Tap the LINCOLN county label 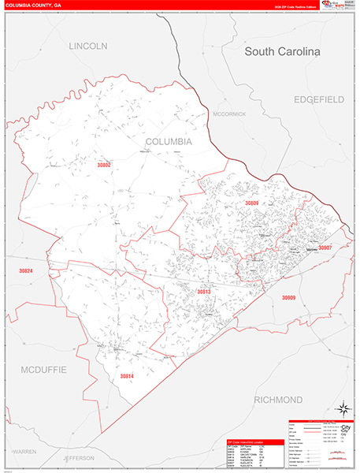tap(87, 47)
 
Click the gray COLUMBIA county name tap(169, 141)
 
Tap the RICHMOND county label tap(278, 400)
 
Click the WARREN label tap(24, 451)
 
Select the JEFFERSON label tap(79, 457)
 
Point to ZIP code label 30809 tap(251, 203)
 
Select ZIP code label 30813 tap(203, 292)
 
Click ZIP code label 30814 tap(128, 376)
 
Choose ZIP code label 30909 tap(288, 297)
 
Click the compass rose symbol tap(343, 408)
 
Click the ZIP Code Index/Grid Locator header tap(254, 442)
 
